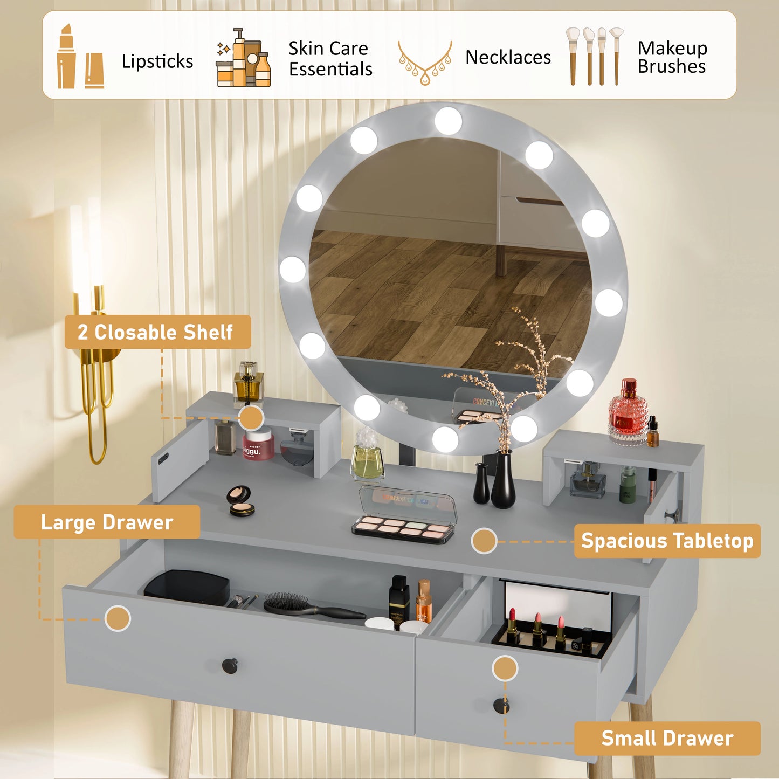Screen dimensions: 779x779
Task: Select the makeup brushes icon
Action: tap(594, 56)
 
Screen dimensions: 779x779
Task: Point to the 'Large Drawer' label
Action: tap(107, 522)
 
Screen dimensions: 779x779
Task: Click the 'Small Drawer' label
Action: tap(667, 738)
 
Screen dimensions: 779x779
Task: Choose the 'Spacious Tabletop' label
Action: tap(667, 541)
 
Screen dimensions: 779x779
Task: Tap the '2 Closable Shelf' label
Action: tap(156, 332)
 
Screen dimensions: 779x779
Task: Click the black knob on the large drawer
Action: tap(230, 666)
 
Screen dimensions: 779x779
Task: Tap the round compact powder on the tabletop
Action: tap(239, 500)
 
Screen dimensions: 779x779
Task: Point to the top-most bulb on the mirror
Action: tap(448, 121)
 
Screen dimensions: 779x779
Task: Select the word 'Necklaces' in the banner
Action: tap(508, 57)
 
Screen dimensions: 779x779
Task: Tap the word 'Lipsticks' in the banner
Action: tap(157, 61)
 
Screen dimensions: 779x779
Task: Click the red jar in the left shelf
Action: tap(258, 444)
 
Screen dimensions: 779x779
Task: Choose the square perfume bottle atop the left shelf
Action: tap(248, 383)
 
